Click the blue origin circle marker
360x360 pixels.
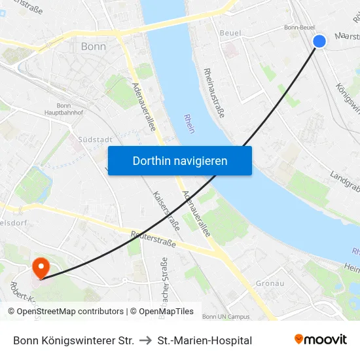[x=319, y=41]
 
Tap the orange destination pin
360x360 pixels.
[x=41, y=267]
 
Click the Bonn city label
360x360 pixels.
[x=93, y=46]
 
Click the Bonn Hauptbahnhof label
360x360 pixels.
[x=64, y=109]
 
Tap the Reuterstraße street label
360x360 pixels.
[x=153, y=239]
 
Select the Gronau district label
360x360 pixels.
[x=270, y=283]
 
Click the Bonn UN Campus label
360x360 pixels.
[x=226, y=317]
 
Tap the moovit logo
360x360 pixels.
[x=321, y=339]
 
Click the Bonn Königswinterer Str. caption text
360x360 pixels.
[x=73, y=340]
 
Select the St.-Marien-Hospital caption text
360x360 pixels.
[x=205, y=340]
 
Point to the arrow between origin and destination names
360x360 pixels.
[x=146, y=340]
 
